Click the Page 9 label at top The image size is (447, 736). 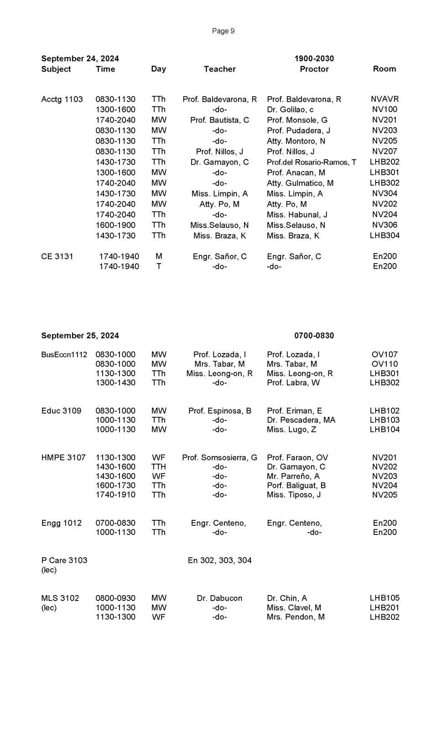coord(223,31)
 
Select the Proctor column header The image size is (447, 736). coord(314,69)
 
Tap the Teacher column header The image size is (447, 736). coord(219,69)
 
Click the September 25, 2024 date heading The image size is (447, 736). coord(80,336)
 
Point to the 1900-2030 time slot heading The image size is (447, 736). coord(314,58)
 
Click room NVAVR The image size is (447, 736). coord(385,99)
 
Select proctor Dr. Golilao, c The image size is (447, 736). coord(290,109)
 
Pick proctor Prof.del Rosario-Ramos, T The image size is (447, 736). coord(312,162)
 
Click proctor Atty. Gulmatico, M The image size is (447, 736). coord(300,183)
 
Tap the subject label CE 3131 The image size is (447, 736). coord(57,256)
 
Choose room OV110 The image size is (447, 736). coord(385,364)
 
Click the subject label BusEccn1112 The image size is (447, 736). coord(64,355)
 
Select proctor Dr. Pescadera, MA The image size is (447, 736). coord(301,420)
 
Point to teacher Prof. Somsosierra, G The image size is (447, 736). coord(219,457)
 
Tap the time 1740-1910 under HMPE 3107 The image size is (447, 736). coord(115,495)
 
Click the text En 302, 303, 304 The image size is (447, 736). coord(219,560)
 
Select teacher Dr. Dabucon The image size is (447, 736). coord(219,598)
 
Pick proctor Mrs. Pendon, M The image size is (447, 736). coord(296,617)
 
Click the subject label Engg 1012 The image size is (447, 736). coord(61,523)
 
